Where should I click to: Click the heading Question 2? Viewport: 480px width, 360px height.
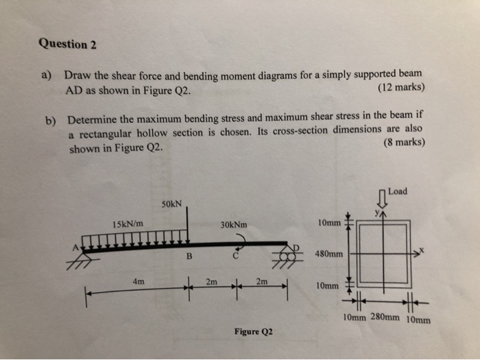[68, 45]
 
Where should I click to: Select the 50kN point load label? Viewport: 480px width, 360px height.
[171, 204]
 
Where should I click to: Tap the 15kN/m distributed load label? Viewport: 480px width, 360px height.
[128, 224]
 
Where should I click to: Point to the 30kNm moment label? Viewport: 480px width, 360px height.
[234, 224]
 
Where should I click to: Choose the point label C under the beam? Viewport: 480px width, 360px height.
[235, 257]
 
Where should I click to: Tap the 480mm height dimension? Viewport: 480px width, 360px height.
[328, 253]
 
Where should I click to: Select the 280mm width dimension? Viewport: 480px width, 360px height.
[385, 317]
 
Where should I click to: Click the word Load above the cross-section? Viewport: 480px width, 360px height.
[398, 191]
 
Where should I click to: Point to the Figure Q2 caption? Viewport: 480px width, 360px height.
[252, 332]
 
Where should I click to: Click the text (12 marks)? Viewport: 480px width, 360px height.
[401, 88]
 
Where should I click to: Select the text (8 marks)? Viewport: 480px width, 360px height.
[404, 143]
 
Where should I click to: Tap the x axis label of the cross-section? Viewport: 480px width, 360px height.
[422, 251]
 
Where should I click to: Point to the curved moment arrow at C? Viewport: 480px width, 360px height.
[241, 239]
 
